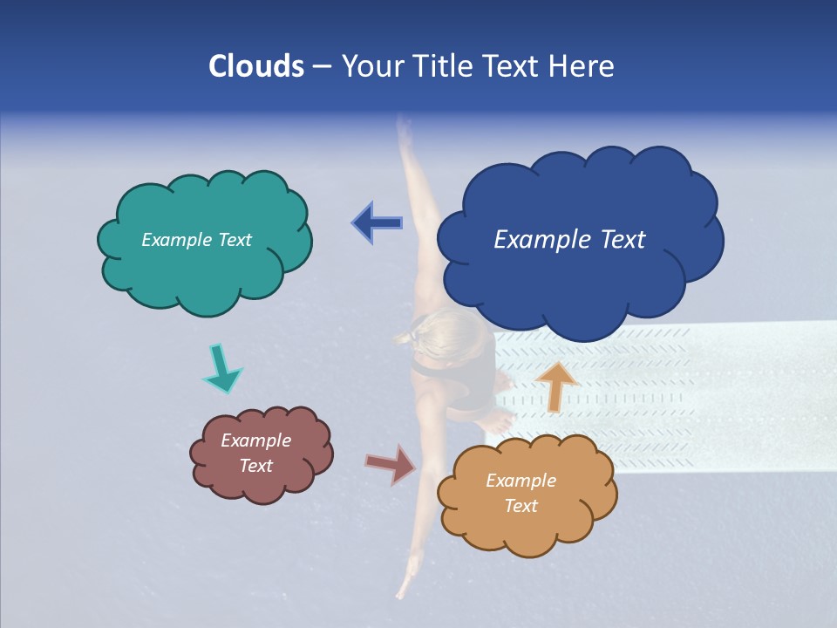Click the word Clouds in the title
click(x=256, y=66)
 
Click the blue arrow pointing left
click(x=377, y=223)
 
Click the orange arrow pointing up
click(x=555, y=386)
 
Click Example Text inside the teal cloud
click(x=196, y=240)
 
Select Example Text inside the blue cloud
click(x=569, y=240)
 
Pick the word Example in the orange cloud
click(x=521, y=481)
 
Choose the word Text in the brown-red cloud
click(x=256, y=466)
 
